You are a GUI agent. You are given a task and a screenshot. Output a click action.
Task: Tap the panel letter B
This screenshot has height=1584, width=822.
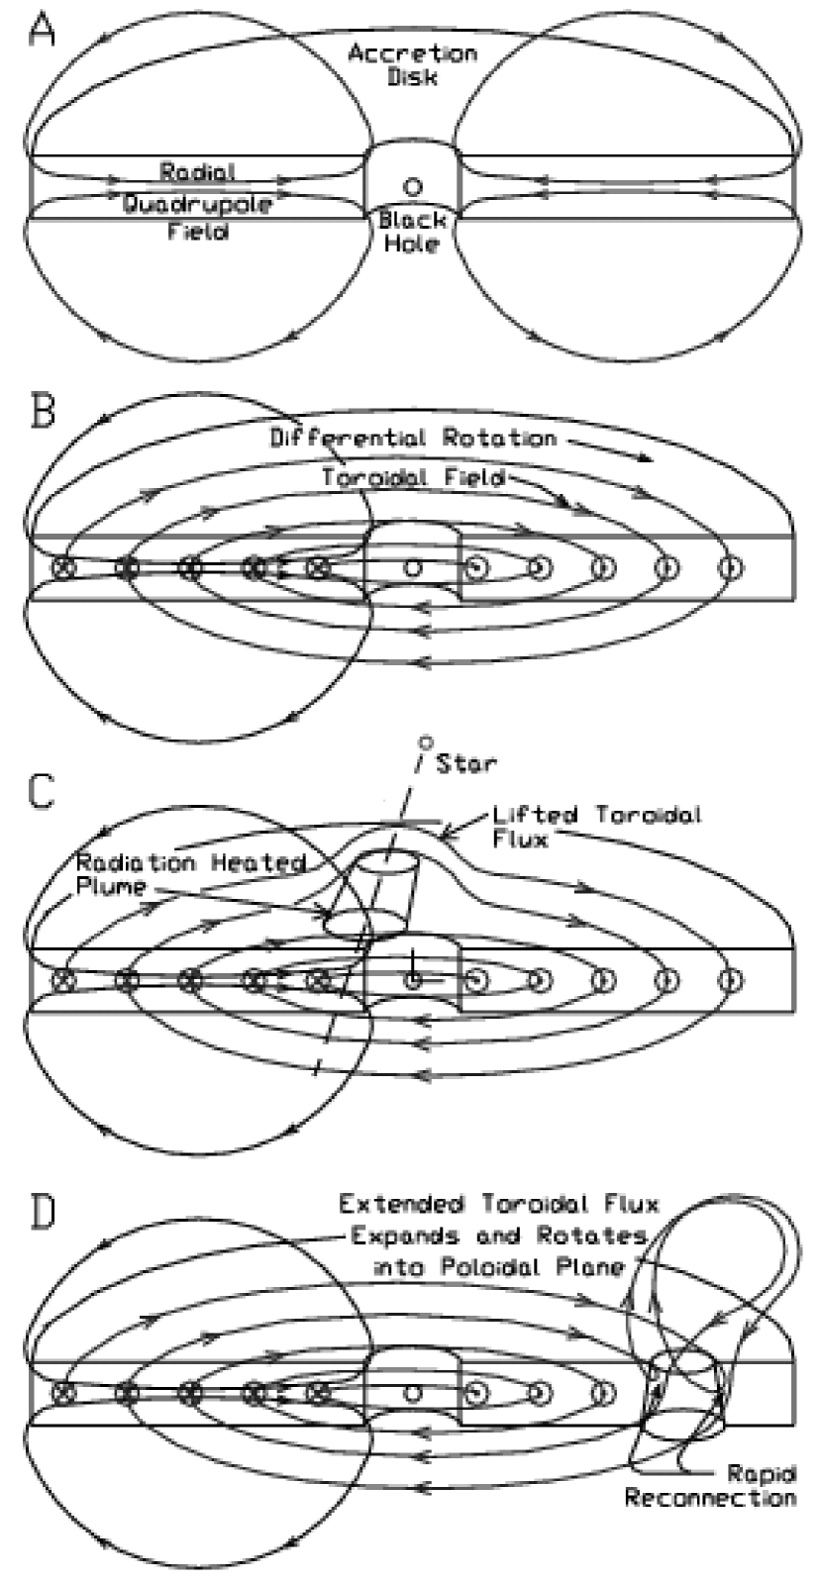pos(43,412)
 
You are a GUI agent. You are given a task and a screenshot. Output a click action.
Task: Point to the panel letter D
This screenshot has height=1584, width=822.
pos(43,1216)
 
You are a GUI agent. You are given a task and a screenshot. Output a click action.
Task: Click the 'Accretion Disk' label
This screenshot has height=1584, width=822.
pos(412,63)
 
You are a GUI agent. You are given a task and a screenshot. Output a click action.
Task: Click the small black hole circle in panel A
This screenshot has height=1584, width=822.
pos(412,185)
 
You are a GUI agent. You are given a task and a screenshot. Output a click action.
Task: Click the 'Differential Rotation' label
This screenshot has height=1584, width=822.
pos(414,438)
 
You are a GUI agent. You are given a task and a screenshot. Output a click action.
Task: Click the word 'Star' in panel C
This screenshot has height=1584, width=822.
pos(466,762)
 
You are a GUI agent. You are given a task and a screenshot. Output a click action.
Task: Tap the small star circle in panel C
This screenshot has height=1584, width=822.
pos(427,741)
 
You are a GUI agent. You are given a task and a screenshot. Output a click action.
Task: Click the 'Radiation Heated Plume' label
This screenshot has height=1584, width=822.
pos(188,874)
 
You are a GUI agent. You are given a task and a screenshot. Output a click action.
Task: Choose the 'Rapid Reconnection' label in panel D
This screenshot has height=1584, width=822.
pos(709,1485)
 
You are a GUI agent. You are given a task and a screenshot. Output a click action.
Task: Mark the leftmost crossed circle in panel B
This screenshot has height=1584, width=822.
pos(64,568)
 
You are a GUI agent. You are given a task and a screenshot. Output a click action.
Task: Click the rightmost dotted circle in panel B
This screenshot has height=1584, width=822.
pos(730,568)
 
